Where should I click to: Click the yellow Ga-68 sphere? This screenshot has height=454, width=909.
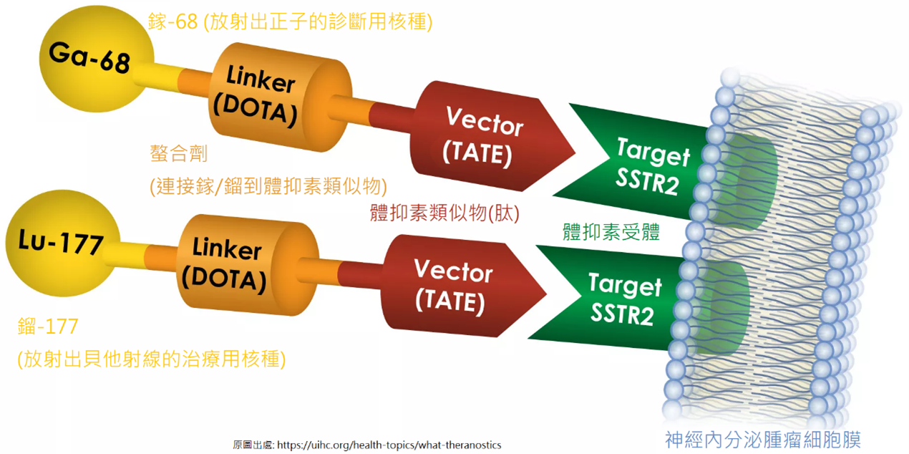pos(97,59)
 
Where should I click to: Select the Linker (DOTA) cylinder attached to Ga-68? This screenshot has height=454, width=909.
pos(280,97)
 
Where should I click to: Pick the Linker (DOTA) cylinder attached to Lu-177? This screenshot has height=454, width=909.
pos(248,265)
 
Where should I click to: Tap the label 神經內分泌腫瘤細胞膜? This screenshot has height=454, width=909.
pos(763,440)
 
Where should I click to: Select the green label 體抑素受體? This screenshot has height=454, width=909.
pos(611,232)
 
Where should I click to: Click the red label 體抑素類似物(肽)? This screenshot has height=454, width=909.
pos(444,213)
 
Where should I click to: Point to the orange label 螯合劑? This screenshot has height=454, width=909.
pos(178,153)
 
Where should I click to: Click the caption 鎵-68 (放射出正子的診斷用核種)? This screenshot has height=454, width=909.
pos(290,21)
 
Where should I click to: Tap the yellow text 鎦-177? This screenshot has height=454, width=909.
pos(48,327)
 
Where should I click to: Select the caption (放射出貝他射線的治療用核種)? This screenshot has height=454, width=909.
pos(151,359)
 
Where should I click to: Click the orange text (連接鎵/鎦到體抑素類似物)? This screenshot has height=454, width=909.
pos(268,186)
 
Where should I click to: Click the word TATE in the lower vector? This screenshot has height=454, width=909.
pos(450,301)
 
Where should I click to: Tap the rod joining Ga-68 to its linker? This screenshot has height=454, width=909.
pos(172,79)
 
